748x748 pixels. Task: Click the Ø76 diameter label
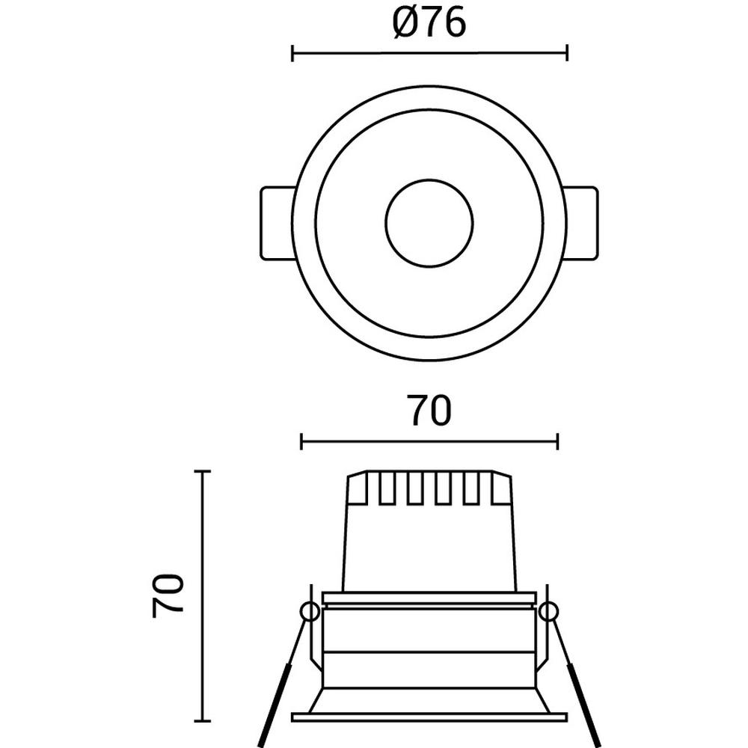click(429, 23)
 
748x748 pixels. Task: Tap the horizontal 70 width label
click(429, 411)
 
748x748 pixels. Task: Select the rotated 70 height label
click(168, 596)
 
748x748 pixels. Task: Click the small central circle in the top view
click(429, 223)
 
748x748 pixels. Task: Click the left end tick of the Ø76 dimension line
click(292, 53)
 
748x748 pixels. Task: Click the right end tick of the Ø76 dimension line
click(567, 53)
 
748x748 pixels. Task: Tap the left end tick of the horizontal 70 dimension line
click(301, 442)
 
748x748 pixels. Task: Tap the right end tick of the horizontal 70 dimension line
click(557, 442)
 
